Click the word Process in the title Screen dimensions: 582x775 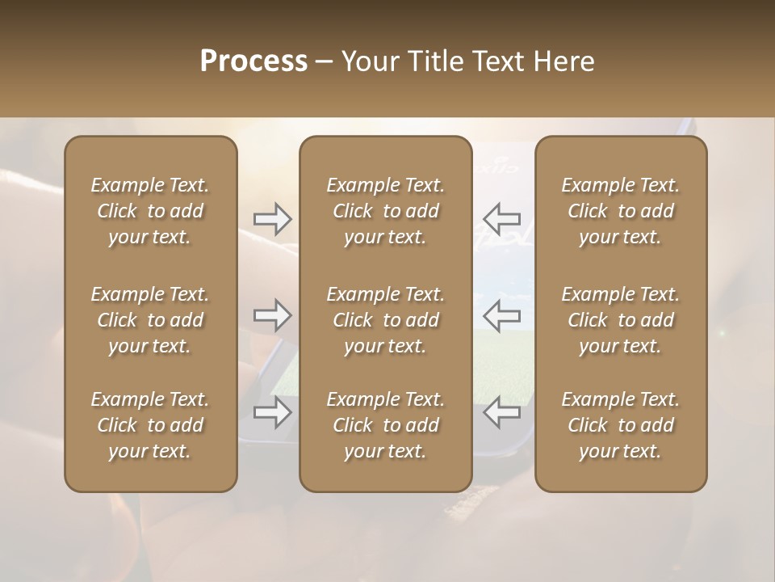point(253,61)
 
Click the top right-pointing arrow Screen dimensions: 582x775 point(272,219)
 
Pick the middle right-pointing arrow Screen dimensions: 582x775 point(272,315)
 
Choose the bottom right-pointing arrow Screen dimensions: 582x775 point(272,413)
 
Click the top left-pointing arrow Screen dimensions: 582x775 point(501,219)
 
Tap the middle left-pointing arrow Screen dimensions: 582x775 point(501,315)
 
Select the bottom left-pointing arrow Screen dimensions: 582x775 point(501,413)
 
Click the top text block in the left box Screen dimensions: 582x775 point(150,211)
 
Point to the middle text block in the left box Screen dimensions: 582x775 point(150,320)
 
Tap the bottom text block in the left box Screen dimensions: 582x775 point(150,425)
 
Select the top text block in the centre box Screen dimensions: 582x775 point(385,211)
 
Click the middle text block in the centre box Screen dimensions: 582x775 point(385,320)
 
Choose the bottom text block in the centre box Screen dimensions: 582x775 point(385,425)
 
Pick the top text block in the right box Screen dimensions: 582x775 point(621,211)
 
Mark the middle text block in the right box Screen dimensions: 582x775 point(621,320)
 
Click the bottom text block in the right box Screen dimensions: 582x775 point(621,425)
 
